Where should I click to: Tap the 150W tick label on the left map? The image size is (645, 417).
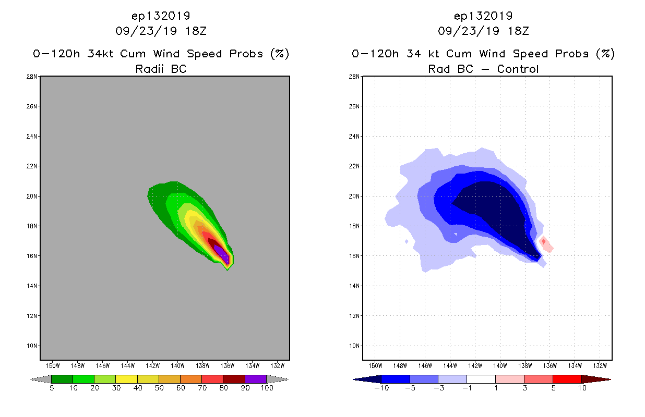pos(53,365)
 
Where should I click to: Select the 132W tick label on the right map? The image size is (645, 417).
pos(600,365)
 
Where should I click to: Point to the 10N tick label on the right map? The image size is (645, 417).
pos(355,346)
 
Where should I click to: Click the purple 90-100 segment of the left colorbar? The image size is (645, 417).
pos(256,379)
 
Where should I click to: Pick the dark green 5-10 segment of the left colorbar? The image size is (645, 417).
pos(62,379)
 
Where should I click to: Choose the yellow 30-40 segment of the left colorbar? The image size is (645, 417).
pos(126,379)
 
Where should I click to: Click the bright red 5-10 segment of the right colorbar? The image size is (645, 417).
pos(567,379)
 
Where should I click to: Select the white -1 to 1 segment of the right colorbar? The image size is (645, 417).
pos(481,379)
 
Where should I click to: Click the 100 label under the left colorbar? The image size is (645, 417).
pos(267,388)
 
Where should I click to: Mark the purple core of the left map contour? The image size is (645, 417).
pos(221,252)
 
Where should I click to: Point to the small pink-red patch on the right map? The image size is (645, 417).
pos(546,243)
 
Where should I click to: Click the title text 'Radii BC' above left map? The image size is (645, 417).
pos(161,69)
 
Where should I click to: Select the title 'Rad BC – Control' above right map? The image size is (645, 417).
pos(483,69)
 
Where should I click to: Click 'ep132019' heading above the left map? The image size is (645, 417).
pos(161,16)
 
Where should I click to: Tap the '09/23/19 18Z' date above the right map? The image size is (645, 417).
pos(483,31)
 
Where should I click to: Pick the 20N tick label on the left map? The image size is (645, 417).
pos(33,197)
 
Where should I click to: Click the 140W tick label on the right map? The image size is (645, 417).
pos(500,365)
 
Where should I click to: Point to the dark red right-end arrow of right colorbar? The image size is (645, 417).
pos(595,379)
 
